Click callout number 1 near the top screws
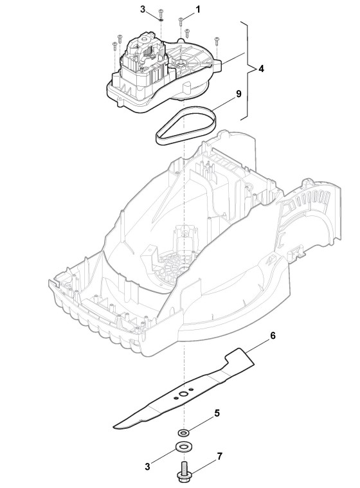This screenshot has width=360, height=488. pos(198,10)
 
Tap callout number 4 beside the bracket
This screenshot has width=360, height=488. pos(262,69)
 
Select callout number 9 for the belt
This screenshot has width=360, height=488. pos(239,94)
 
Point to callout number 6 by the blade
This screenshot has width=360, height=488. pos(273,336)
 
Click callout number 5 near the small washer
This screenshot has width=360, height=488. pos(217,413)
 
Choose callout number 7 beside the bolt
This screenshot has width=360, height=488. pos(220,456)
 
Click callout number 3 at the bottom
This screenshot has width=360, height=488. pos(147,467)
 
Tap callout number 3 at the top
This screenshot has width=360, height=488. pos(143,10)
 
